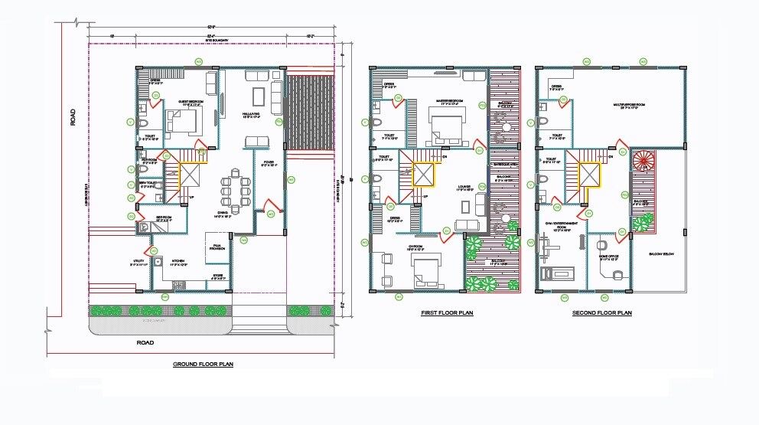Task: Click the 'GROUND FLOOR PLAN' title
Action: coord(203,365)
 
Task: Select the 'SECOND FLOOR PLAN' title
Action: coord(602,313)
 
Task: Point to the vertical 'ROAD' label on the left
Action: coord(73,117)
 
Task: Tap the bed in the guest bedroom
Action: coord(184,120)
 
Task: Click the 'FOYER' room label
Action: coord(269,163)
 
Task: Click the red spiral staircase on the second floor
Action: coord(644,162)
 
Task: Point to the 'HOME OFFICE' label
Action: coord(608,258)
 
